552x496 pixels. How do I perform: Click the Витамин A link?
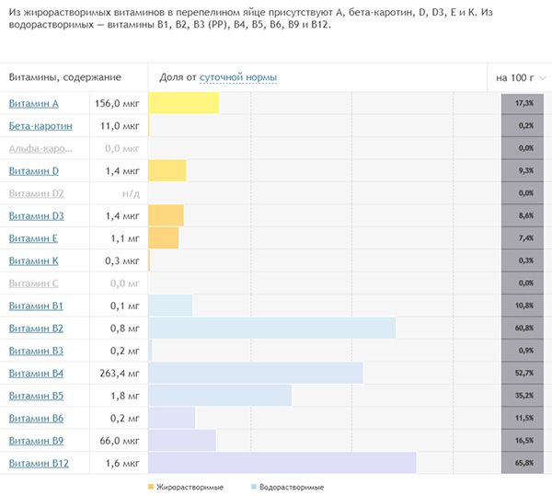coord(33,103)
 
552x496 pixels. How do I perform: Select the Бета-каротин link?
coord(40,125)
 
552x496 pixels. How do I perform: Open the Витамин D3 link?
coord(36,215)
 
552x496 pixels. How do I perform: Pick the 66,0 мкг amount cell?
coord(120,441)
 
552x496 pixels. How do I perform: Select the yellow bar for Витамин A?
coord(183,103)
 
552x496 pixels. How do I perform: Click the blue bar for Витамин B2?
coord(271,328)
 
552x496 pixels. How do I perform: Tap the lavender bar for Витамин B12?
coord(282,463)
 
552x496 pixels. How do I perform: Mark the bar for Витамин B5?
coord(220,396)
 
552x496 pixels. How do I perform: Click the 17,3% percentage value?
coord(525,103)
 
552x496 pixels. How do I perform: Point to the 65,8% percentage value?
coord(525,463)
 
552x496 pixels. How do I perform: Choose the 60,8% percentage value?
coord(525,328)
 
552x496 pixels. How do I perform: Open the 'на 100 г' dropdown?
coord(520,78)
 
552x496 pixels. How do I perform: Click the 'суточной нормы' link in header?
coord(238,78)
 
